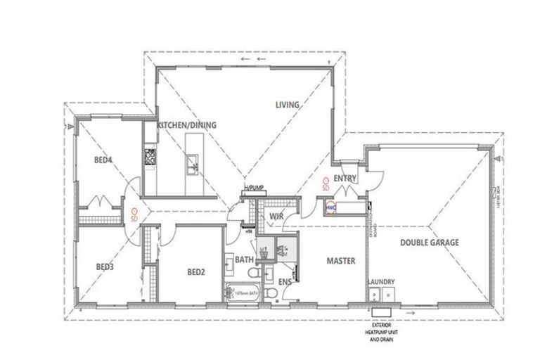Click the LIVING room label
(287, 105)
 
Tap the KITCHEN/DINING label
(186, 125)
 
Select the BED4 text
(103, 160)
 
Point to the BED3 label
(105, 266)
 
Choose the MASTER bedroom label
(340, 261)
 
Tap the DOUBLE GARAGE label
(430, 242)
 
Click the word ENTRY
(345, 179)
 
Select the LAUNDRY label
(380, 282)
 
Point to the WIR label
(276, 217)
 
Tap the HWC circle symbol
(330, 208)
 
